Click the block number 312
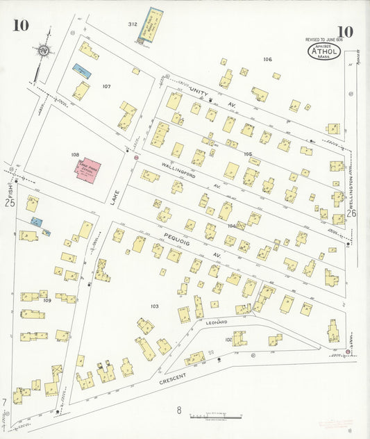132,24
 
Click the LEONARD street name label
216,322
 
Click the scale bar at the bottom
216,417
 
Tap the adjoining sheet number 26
351,214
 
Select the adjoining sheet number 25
10,203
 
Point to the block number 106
267,59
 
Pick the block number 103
154,306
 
